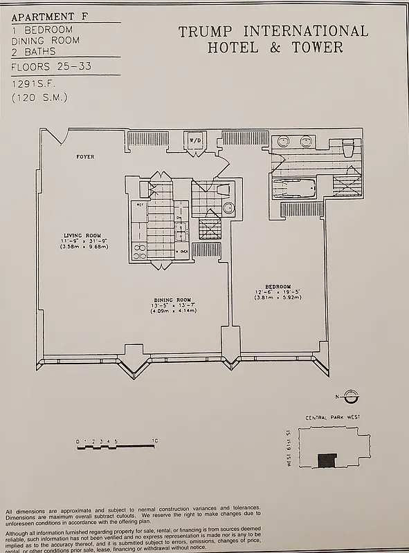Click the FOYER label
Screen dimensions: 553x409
[x=85, y=157]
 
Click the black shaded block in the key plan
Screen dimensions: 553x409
[x=326, y=460]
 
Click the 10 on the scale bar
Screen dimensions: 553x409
[x=156, y=440]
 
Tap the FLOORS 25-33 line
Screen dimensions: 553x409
[x=47, y=67]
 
